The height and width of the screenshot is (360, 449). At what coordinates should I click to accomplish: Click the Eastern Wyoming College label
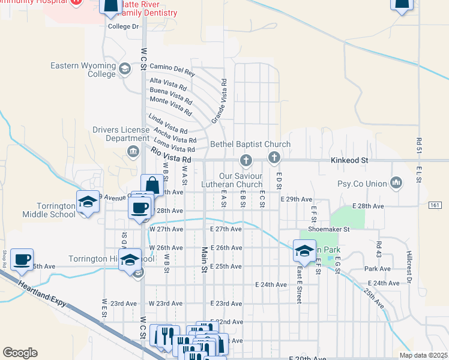coord(83,70)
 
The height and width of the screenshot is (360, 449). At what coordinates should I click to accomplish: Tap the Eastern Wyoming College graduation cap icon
coord(125,68)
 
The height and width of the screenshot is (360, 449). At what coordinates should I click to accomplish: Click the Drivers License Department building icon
coord(133,151)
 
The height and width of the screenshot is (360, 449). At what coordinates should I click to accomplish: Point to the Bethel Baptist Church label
coord(250,145)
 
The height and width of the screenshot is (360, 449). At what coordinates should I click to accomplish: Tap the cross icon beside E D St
coord(274,158)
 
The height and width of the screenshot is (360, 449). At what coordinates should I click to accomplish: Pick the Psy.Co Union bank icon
coord(395,182)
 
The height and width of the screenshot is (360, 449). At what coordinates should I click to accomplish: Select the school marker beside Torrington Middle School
coord(88,202)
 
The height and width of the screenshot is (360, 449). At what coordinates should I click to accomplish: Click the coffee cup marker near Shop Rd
coord(22,259)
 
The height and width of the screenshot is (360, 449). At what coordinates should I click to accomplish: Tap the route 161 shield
coord(435,205)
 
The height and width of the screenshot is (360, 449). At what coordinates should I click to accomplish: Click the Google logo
coord(20,352)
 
